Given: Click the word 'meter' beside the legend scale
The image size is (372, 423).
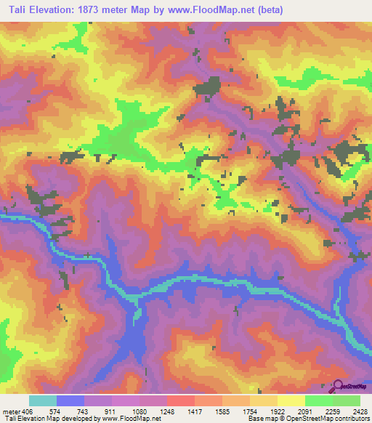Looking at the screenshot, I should click(9, 410).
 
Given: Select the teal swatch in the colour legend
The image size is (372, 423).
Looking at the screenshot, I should click(43, 400).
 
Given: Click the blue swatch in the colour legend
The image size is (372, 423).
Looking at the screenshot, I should click(70, 400).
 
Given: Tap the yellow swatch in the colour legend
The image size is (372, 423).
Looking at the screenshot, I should click(291, 400).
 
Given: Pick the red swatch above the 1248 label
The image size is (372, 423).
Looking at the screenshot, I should click(180, 400).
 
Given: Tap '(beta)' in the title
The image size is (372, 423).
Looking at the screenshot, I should click(267, 10).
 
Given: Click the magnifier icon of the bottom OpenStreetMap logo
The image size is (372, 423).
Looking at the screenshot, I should click(337, 386).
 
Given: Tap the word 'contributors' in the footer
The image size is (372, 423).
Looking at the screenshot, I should click(350, 419).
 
